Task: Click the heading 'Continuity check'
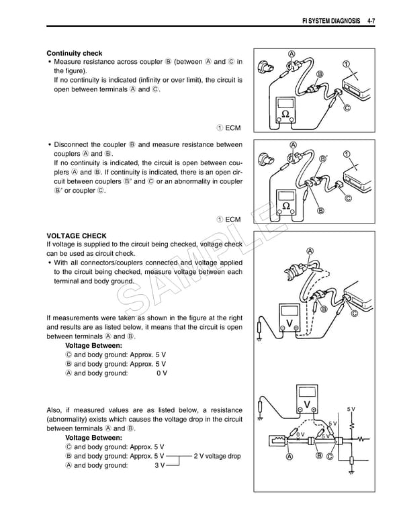tap(75, 53)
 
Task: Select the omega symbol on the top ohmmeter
tap(285, 113)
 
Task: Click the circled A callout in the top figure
tap(291, 54)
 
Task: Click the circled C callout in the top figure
tap(347, 109)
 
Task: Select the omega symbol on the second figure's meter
tap(286, 205)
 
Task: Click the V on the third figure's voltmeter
tap(287, 322)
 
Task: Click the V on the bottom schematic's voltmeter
tap(307, 404)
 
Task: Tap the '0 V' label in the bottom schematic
tap(300, 434)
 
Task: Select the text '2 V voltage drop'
tap(216, 457)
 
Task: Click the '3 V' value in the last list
tap(160, 465)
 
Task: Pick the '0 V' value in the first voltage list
tap(161, 373)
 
